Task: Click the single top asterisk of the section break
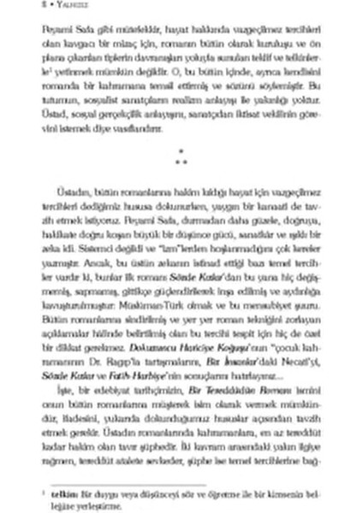(181, 150)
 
